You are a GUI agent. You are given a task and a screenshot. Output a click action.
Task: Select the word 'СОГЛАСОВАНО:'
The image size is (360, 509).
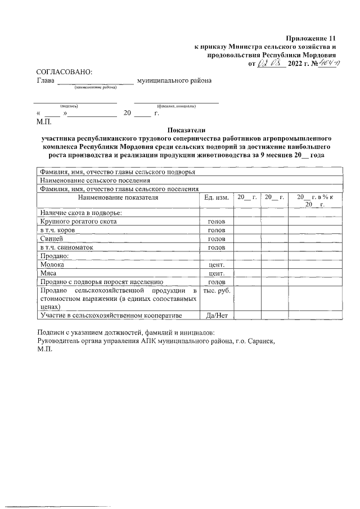pos(64,72)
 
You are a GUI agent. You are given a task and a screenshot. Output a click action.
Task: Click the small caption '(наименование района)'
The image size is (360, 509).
pos(95,87)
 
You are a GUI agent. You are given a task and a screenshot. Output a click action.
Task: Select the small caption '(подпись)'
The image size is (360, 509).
pos(69,106)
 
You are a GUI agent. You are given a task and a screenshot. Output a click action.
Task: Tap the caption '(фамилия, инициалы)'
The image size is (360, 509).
pos(176,106)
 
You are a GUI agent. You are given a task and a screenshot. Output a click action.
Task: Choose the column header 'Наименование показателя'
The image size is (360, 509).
pos(118,197)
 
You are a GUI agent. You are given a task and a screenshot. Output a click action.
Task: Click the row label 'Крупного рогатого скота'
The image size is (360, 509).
pos(78,222)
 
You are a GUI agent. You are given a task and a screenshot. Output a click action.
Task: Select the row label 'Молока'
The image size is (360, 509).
pos(51,264)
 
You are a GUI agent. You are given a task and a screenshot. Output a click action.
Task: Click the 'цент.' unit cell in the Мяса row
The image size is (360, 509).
pos(217,273)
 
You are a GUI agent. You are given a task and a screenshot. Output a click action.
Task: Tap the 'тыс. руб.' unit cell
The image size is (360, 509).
pos(217,290)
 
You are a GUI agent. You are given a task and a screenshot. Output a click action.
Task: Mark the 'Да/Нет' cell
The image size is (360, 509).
pos(217,316)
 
